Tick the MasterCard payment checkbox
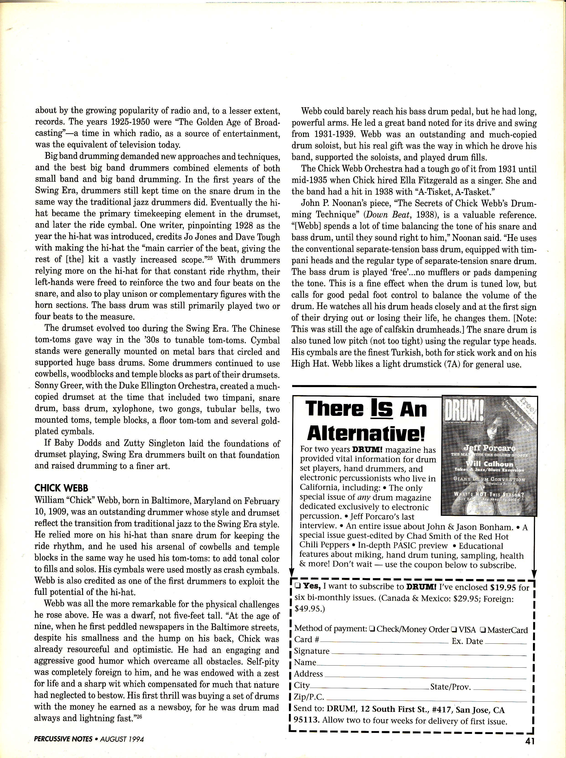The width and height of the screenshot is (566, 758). click(x=483, y=629)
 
